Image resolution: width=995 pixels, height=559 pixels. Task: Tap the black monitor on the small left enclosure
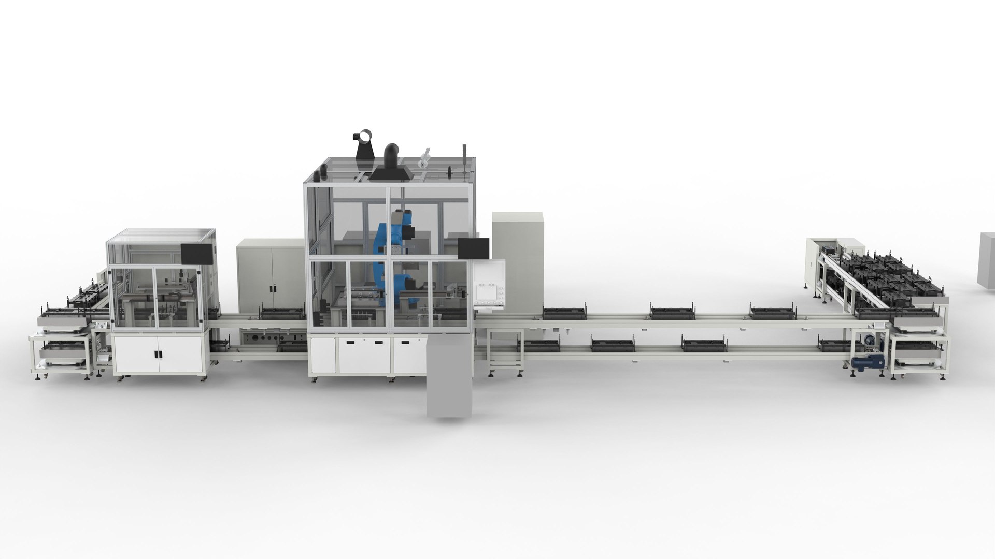point(197,253)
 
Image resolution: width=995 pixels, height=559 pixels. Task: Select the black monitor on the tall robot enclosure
point(474,248)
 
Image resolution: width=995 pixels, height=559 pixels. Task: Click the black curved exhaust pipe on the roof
point(393,155)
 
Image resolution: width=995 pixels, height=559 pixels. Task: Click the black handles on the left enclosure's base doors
point(158,355)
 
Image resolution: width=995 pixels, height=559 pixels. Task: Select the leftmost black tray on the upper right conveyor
point(564,312)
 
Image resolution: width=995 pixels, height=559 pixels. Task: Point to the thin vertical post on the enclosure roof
point(465,158)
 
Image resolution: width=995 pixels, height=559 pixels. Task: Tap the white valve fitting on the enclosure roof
point(423,157)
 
